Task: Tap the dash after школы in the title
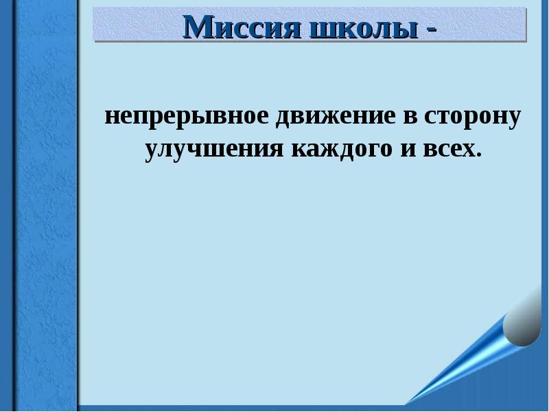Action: (x=430, y=29)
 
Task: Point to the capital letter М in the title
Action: (x=199, y=27)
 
